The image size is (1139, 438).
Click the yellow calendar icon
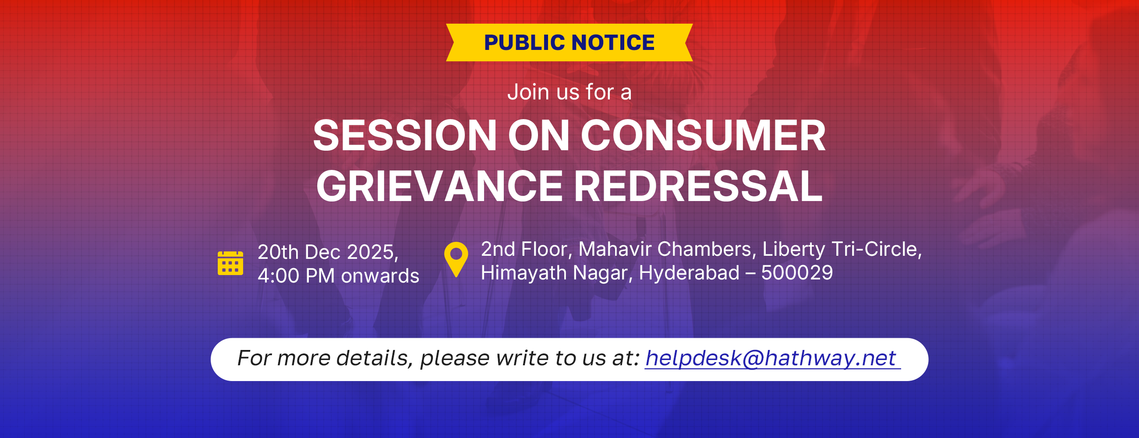pyautogui.click(x=230, y=263)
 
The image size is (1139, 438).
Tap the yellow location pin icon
pyautogui.click(x=456, y=259)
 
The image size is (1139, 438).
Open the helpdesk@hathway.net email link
pyautogui.click(x=772, y=358)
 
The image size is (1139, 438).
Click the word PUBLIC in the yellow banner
pyautogui.click(x=524, y=42)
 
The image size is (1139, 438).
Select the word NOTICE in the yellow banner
pyautogui.click(x=613, y=42)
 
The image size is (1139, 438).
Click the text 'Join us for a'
pyautogui.click(x=569, y=92)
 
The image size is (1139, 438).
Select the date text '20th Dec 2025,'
pyautogui.click(x=328, y=252)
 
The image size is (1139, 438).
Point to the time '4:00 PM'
pyautogui.click(x=296, y=276)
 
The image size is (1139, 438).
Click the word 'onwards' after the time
pyautogui.click(x=380, y=276)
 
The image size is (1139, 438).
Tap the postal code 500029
pyautogui.click(x=797, y=273)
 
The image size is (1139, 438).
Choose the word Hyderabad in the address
pyautogui.click(x=689, y=273)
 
